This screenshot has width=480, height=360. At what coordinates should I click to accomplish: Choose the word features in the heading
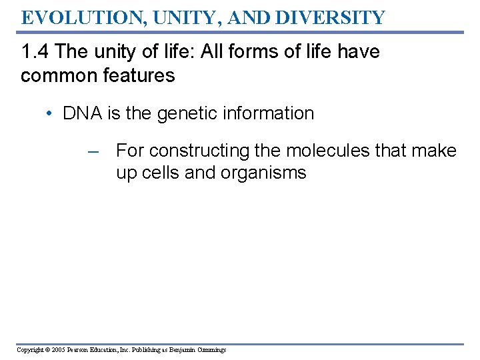[139, 75]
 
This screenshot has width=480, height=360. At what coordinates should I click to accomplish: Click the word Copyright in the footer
[29, 350]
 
